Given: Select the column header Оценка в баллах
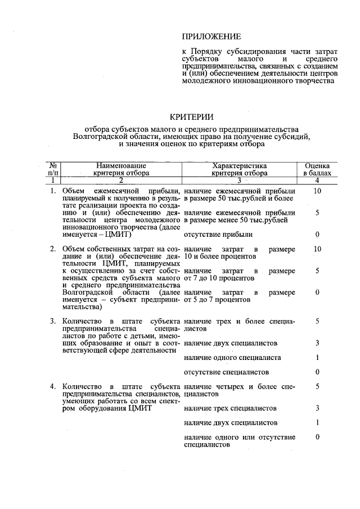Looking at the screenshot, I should pos(317,169).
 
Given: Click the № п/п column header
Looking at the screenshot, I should pos(52,169).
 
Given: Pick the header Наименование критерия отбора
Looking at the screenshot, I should pos(121,169).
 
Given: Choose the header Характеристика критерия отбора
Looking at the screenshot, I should pos(240,169).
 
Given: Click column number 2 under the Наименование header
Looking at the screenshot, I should pos(121,181).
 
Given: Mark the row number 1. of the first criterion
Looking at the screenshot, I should pos(53,192).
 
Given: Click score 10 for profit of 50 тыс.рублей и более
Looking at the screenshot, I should pos(317,192).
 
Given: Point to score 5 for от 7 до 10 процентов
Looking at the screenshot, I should pos(318,271).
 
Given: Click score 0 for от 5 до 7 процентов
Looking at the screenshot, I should pos(318,292).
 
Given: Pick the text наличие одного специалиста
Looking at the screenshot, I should pos(233,358).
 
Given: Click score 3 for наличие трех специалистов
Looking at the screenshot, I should pos(318,408).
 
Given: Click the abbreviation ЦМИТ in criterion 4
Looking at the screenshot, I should pos(140,408).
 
